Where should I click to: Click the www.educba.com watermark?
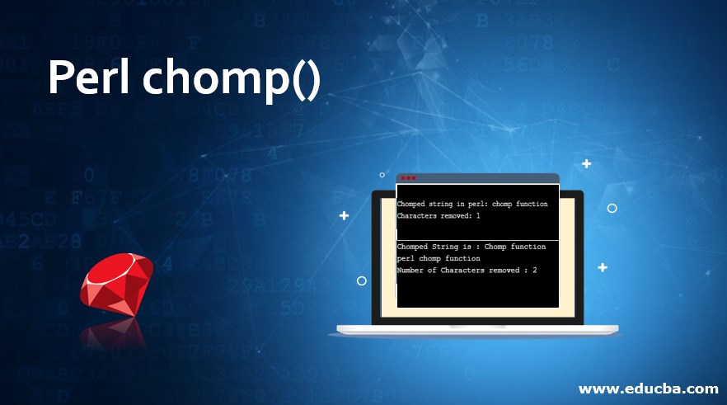click(x=649, y=388)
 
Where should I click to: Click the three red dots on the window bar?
click(x=408, y=178)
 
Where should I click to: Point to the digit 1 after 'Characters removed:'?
click(x=478, y=215)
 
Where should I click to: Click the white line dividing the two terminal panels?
click(x=478, y=240)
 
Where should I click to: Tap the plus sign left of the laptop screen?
click(x=344, y=216)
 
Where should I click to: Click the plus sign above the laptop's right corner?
click(x=586, y=163)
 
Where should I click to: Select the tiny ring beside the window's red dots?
click(x=382, y=175)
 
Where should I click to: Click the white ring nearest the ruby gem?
click(x=361, y=280)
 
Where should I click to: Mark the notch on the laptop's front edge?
click(x=478, y=328)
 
